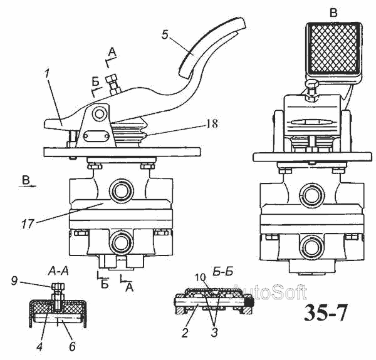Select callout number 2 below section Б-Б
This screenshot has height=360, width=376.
coord(185,332)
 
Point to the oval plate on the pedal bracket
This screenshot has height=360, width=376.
coord(97,138)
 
